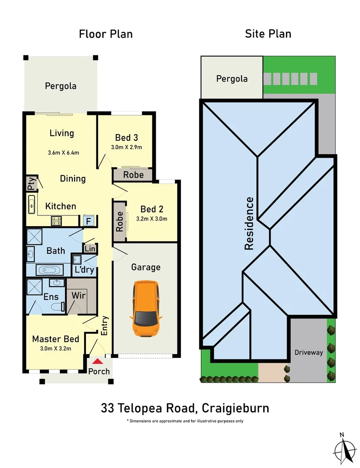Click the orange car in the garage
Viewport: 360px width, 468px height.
click(x=145, y=308)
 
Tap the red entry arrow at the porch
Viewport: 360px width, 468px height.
click(x=98, y=361)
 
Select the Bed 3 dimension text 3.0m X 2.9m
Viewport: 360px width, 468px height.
click(x=126, y=147)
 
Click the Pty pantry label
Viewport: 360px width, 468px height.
click(x=31, y=183)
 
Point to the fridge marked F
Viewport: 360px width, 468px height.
click(x=88, y=221)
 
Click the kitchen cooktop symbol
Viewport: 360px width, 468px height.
click(x=56, y=221)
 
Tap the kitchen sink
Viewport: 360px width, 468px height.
click(x=31, y=204)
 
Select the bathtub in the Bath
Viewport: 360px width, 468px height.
click(x=49, y=270)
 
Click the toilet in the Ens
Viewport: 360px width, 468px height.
click(x=58, y=306)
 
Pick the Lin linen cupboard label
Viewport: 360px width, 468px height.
click(x=90, y=249)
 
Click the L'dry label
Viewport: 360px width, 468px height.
click(x=84, y=270)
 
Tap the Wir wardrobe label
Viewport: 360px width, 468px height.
click(x=78, y=295)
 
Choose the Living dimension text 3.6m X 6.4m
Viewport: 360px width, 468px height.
click(x=63, y=153)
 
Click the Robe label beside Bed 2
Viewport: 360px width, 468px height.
click(x=120, y=221)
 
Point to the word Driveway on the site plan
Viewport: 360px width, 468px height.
click(x=309, y=352)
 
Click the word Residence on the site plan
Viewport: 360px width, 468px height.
click(x=249, y=223)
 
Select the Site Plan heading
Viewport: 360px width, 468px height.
click(x=268, y=34)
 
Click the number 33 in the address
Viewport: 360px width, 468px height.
click(x=108, y=408)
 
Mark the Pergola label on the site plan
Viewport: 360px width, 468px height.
click(x=232, y=79)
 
